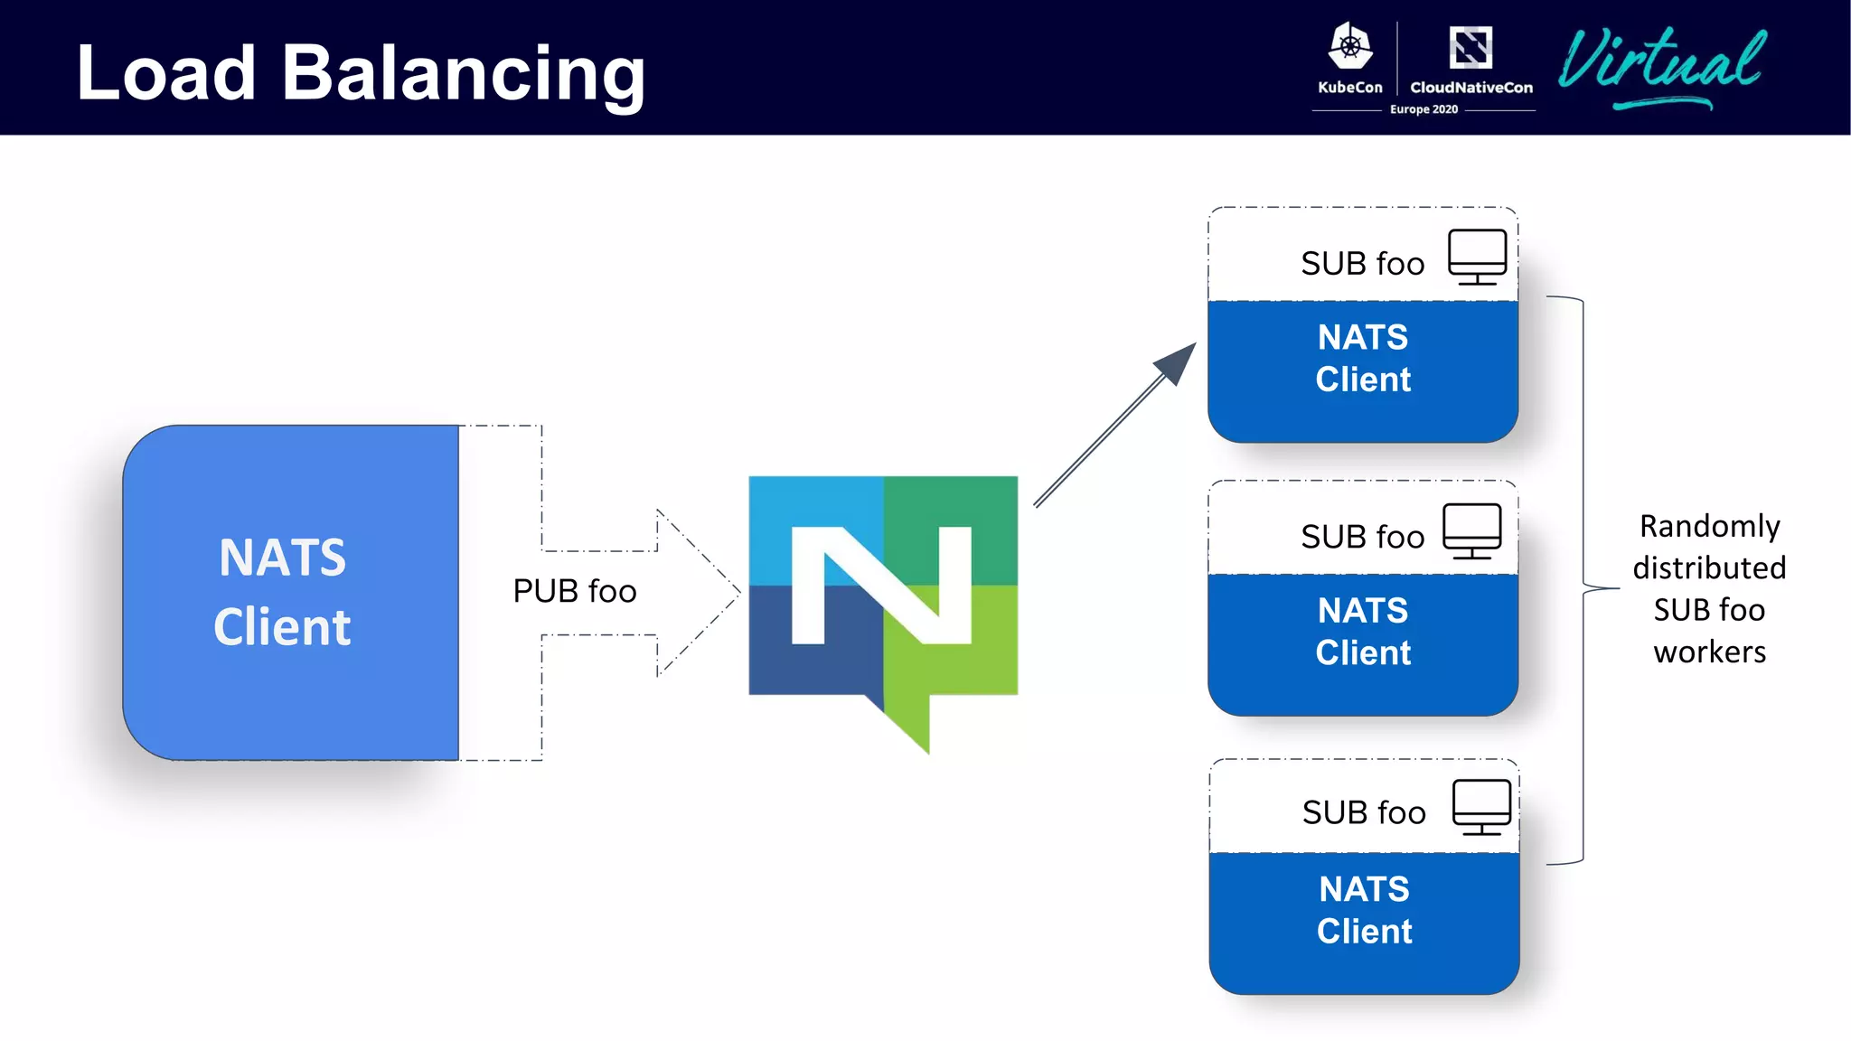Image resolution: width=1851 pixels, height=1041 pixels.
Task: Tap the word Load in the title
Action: click(166, 74)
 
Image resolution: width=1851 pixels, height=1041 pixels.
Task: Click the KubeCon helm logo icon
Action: click(1350, 47)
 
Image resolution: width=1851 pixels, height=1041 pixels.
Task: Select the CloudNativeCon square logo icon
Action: click(1470, 47)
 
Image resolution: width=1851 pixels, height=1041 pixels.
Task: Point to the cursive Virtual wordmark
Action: click(1661, 63)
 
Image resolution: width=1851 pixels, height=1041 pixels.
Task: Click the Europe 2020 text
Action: click(1423, 109)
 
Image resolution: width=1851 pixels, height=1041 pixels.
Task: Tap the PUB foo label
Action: click(575, 591)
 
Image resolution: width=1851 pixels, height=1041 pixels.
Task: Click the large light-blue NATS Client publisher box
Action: click(289, 592)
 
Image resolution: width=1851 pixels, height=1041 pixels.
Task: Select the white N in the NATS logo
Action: click(881, 586)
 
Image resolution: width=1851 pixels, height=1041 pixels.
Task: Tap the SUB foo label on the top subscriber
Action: click(1362, 264)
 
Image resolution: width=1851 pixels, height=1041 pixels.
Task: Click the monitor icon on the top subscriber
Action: click(1477, 257)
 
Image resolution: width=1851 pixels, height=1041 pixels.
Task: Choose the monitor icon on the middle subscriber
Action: click(1471, 531)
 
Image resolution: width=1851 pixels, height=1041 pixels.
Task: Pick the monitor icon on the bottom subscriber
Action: click(1481, 807)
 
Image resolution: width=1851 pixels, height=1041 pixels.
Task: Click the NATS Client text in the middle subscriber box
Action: click(1363, 632)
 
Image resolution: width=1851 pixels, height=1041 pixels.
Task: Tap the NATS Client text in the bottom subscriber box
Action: click(1364, 910)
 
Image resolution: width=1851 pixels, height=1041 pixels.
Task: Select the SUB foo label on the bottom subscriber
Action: click(1363, 813)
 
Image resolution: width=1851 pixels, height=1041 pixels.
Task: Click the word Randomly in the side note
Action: click(1709, 527)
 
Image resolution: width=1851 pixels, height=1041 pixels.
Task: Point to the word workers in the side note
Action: click(1709, 652)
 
